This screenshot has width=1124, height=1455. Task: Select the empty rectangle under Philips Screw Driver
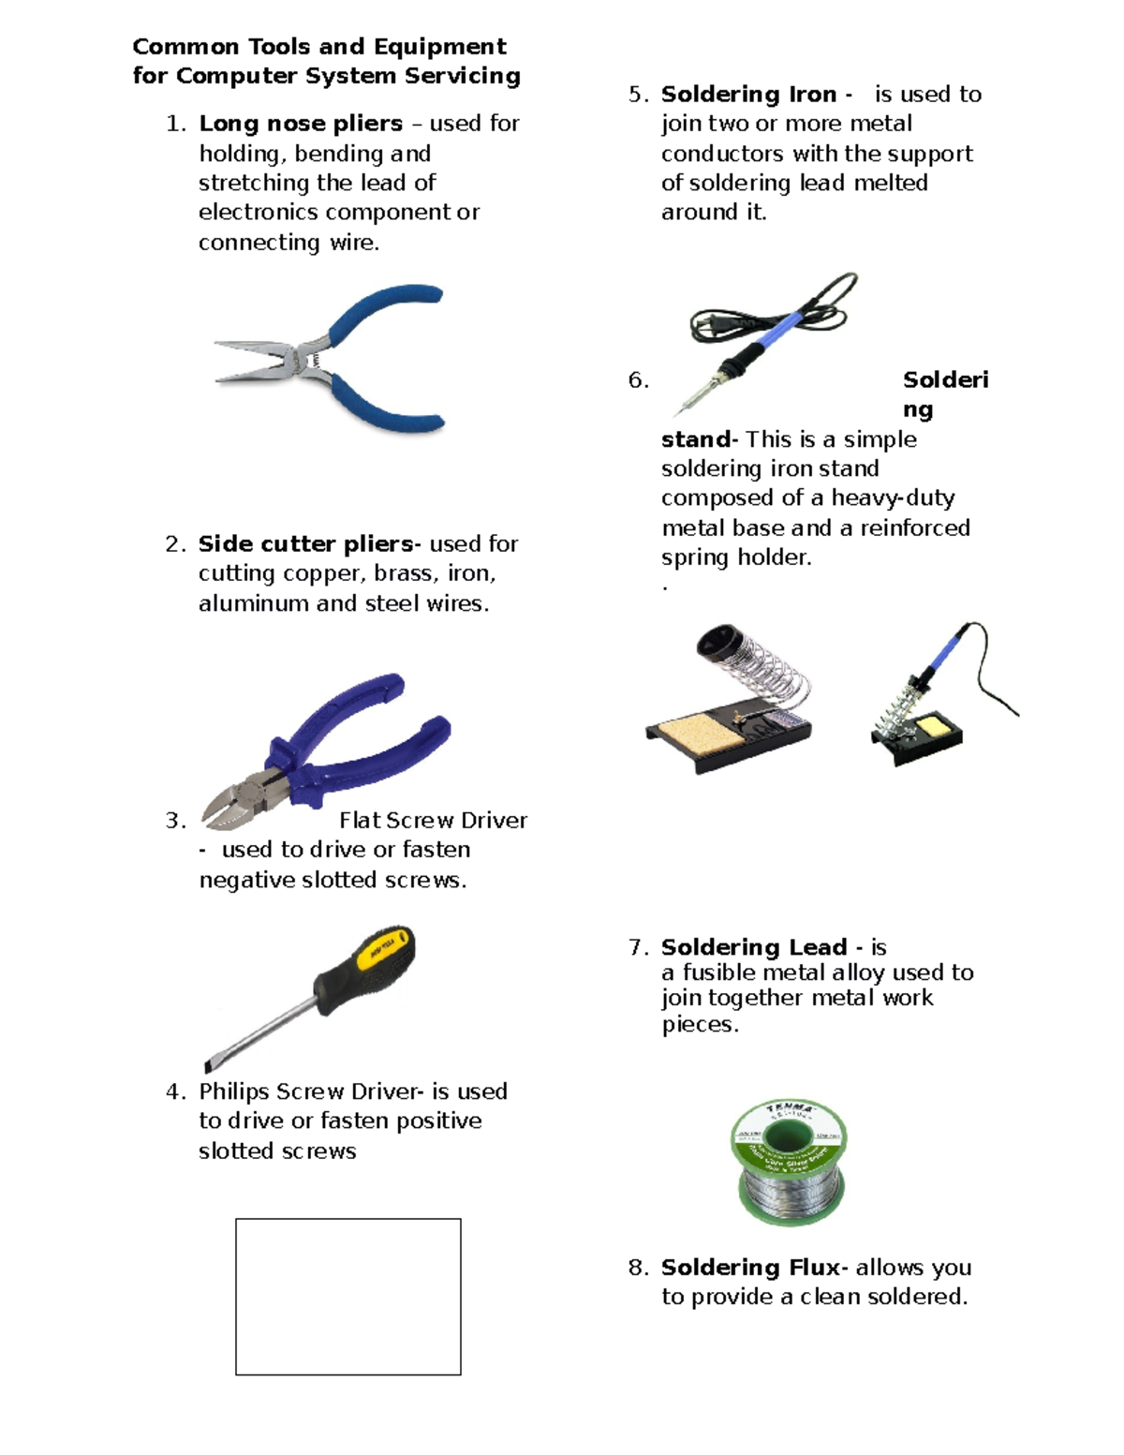(348, 1297)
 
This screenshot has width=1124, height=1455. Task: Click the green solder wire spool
(788, 1163)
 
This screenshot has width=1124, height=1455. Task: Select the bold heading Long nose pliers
(301, 124)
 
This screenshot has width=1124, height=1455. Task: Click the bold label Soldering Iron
(748, 95)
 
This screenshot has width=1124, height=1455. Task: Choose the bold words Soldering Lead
(753, 947)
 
